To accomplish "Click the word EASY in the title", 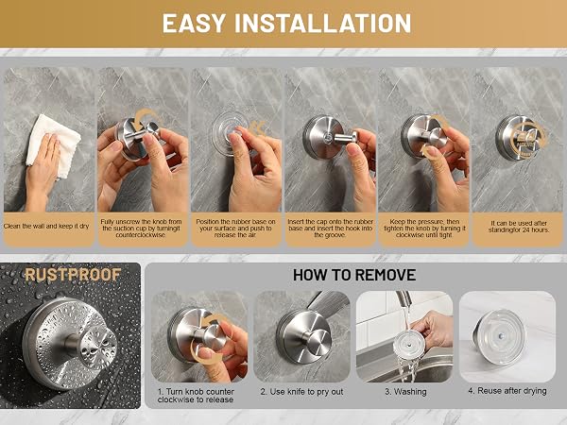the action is pos(194,24).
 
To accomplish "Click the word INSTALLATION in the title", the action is pos(323,24).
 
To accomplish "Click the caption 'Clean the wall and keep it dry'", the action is pos(46,227).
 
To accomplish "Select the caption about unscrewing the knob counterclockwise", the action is pos(142,228).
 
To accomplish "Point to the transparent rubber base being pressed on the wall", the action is pos(229,134).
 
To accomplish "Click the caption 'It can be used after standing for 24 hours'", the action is pos(519,227).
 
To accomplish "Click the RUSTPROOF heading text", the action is pos(73,275).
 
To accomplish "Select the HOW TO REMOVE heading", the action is pos(354,275).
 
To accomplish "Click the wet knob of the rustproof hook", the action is pos(98,344).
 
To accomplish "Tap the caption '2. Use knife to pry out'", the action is pos(301,392).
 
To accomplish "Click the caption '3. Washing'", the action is pos(405,392).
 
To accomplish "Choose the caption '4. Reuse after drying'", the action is pos(507,391).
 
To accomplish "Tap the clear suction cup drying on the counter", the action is pos(499,336).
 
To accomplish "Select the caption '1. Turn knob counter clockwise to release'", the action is pos(196,396).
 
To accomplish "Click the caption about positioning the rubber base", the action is pos(235,228).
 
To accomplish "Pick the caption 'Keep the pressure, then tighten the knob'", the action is pos(424,228).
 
